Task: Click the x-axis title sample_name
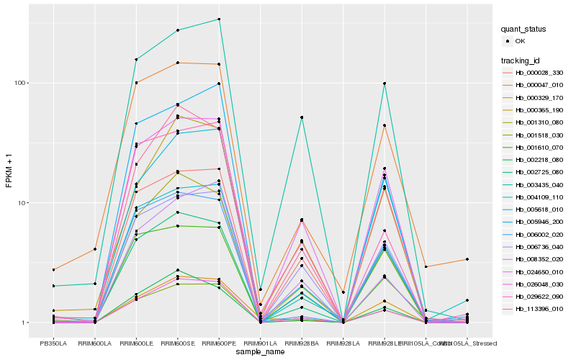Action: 259,351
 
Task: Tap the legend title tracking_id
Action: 522,60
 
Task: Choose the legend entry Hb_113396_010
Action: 539,308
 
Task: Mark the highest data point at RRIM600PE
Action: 219,19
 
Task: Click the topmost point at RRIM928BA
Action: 302,117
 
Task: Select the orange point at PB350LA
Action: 53,270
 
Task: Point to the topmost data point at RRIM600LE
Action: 136,60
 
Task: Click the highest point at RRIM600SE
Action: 177,30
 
